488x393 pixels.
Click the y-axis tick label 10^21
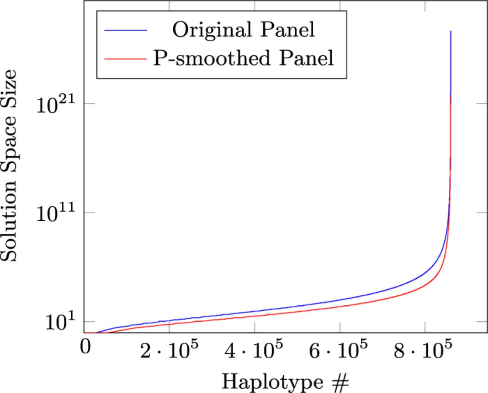click(56, 104)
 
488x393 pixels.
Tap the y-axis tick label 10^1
click(60, 322)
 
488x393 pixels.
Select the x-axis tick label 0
click(85, 347)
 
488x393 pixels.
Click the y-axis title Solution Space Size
click(9, 165)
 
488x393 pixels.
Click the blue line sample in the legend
click(126, 30)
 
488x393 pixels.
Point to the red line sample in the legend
click(126, 59)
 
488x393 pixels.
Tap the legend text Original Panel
click(244, 30)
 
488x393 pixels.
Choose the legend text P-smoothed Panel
click(244, 58)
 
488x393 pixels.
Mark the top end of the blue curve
click(451, 31)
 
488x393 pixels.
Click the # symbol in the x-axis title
click(340, 383)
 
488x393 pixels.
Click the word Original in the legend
click(212, 30)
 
